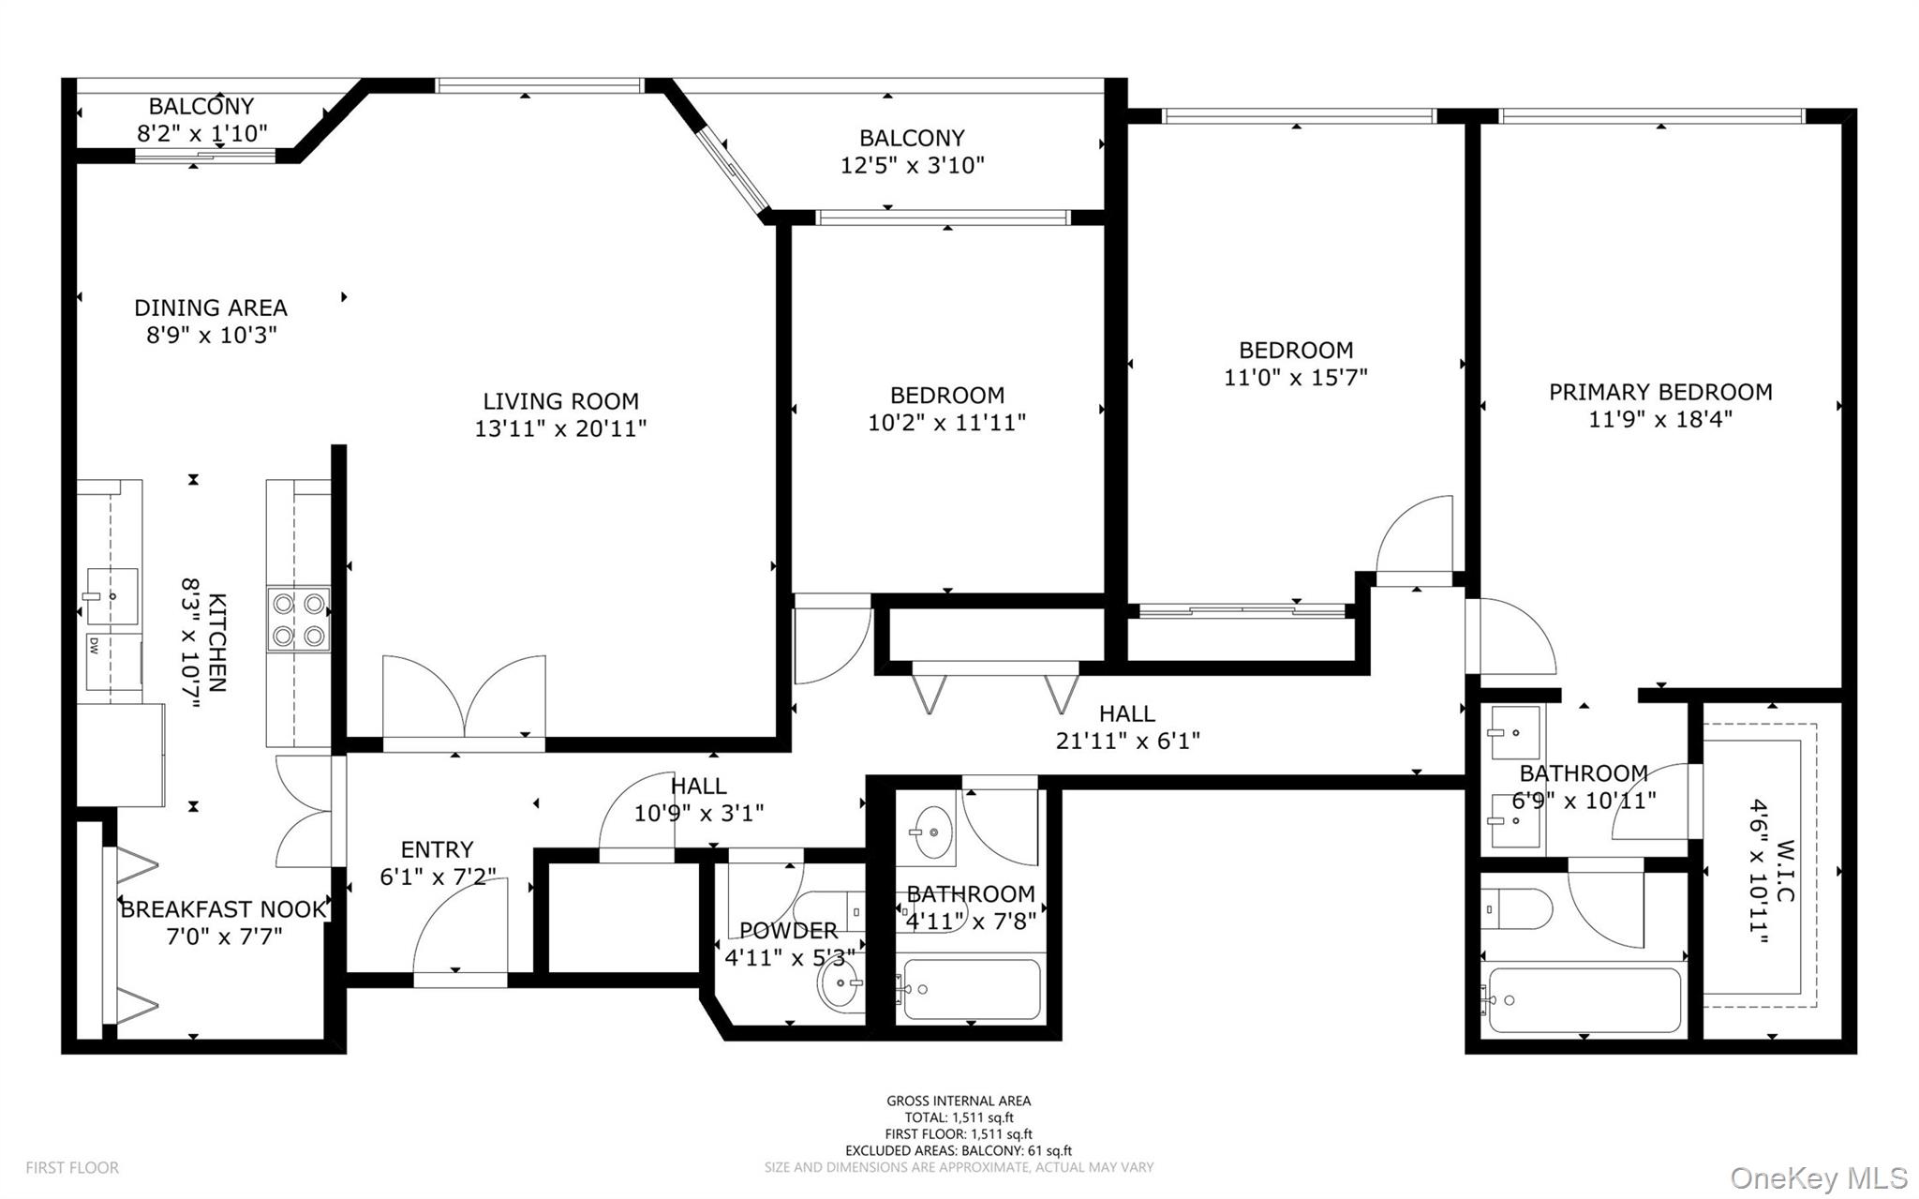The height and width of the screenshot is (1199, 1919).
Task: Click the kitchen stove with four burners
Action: pos(299,619)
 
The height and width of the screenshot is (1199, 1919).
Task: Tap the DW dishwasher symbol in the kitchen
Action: pos(95,645)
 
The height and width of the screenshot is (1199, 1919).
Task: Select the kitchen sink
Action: pos(111,595)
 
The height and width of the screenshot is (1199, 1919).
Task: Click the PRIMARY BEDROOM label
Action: pos(1659,392)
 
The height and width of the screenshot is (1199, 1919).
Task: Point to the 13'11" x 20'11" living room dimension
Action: pos(560,428)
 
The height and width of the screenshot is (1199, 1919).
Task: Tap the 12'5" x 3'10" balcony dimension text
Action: pos(912,166)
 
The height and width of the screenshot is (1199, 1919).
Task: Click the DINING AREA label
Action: pos(210,307)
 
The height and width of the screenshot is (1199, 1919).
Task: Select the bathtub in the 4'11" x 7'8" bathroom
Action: pos(970,989)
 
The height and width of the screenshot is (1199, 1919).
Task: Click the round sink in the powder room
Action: pos(840,984)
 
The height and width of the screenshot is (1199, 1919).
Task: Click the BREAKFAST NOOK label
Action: pos(223,909)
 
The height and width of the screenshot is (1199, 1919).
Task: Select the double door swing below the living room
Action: pos(465,698)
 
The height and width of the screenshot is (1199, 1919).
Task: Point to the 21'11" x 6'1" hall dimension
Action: pos(1127,741)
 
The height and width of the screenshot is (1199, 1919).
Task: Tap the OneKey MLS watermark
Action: pos(1818,1177)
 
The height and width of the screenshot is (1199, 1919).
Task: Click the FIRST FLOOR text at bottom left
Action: pos(72,1168)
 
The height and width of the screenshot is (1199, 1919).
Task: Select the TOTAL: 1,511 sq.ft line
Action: pos(958,1117)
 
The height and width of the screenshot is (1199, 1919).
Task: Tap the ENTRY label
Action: pos(437,849)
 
